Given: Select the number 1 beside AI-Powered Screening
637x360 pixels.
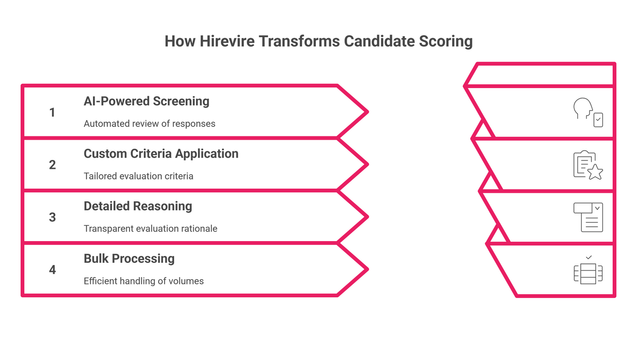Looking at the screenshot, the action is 52,113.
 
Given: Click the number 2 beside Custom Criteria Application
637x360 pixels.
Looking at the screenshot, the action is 53,165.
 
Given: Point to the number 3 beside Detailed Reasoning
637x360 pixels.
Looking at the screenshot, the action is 53,217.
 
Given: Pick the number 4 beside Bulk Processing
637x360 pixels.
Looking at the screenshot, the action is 53,270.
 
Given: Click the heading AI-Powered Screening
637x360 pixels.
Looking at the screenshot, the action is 147,101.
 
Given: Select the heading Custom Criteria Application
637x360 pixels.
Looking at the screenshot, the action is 161,154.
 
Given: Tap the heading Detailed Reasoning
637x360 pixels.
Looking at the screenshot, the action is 138,207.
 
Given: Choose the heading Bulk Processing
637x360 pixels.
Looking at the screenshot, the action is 129,259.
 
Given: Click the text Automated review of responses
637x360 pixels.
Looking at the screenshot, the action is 149,124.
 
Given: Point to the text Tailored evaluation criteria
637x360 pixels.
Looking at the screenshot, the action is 139,176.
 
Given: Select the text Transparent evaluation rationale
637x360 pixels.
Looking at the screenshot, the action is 150,228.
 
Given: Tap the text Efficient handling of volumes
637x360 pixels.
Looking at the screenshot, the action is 144,281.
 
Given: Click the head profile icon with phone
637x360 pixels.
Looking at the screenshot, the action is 588,113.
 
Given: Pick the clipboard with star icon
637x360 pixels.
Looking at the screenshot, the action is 588,165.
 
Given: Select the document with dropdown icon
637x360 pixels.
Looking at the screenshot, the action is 588,217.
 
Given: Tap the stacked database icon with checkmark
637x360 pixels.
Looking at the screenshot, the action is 588,270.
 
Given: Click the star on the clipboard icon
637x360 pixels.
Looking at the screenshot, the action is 595,172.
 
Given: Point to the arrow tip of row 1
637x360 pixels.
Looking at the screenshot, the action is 368,112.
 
